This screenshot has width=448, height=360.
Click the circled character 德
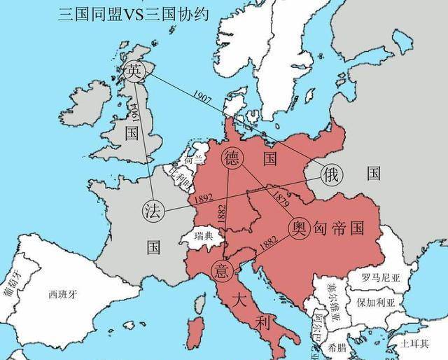coord(232,158)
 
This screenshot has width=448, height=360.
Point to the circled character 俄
coord(330,175)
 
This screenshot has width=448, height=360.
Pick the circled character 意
coord(222,269)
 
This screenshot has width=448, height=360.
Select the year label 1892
coord(205,198)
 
